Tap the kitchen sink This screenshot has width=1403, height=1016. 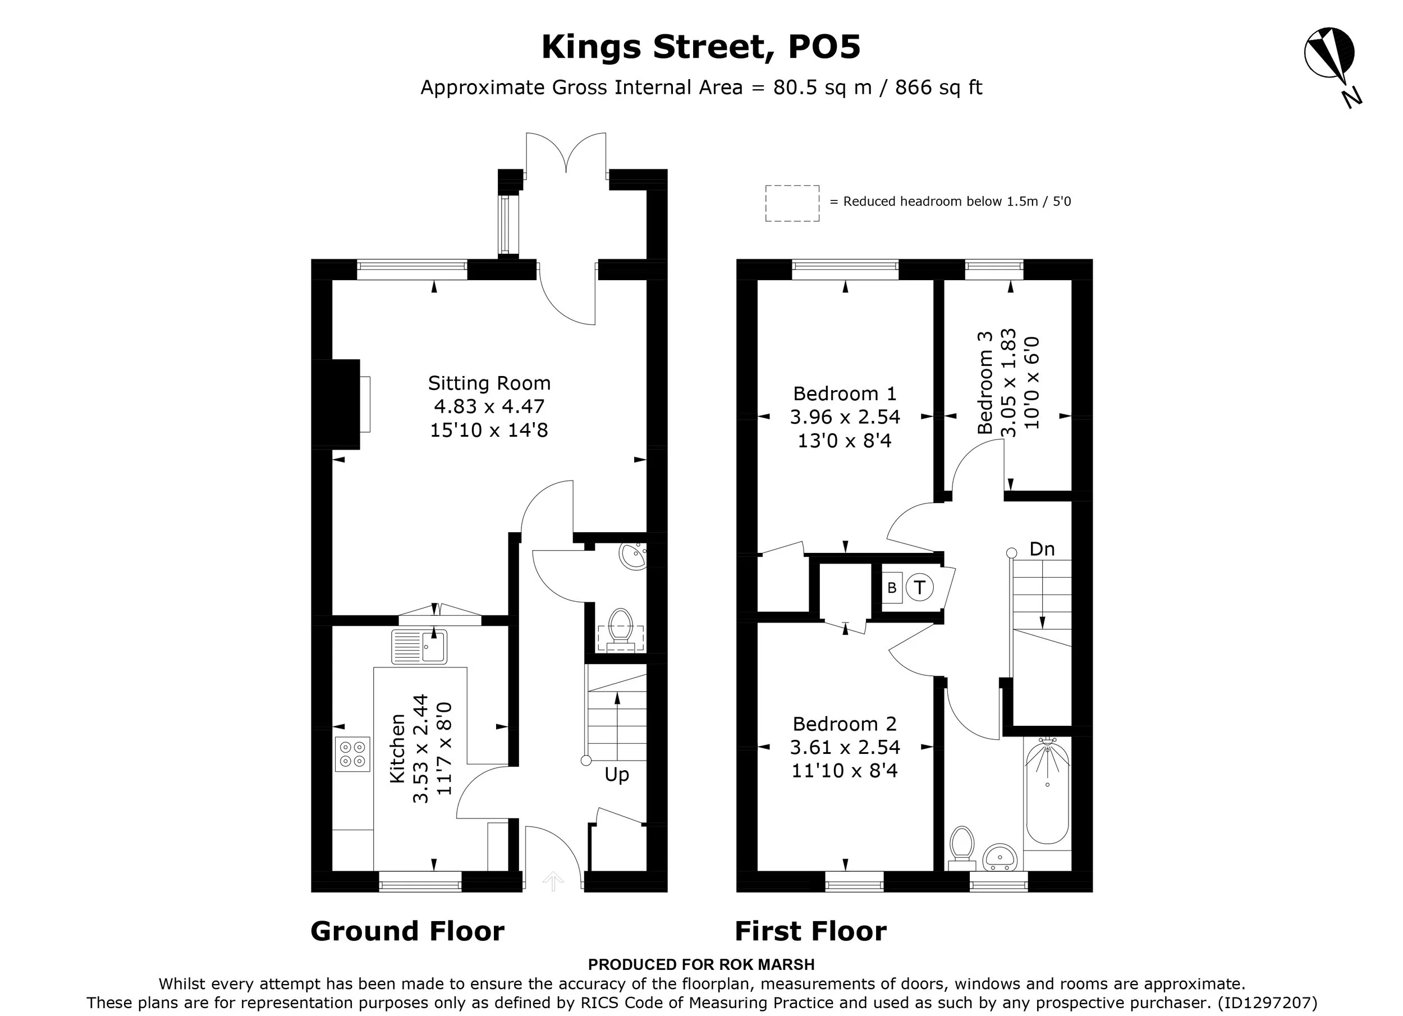(x=419, y=647)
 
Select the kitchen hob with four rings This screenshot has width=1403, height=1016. (x=352, y=754)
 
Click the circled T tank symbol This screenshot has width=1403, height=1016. (x=920, y=587)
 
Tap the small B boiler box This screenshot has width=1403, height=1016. (x=892, y=588)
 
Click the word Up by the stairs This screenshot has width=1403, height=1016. (x=617, y=775)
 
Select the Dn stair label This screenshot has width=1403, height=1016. (x=1042, y=549)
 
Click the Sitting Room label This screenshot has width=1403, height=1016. (x=489, y=383)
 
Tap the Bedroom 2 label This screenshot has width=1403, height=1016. (x=845, y=724)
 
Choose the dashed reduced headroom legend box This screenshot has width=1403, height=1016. (x=792, y=203)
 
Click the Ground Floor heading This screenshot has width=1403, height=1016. (x=407, y=931)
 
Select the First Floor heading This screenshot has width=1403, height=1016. (x=810, y=931)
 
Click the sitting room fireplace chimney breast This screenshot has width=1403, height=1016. (x=336, y=404)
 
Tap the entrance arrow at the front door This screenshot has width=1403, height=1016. (x=553, y=881)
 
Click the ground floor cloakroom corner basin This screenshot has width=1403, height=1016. (x=633, y=556)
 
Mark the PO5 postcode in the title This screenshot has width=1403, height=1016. (x=824, y=47)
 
